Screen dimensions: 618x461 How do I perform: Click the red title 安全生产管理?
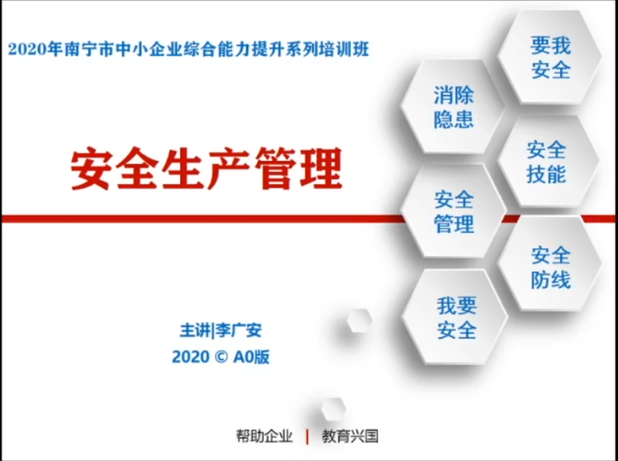click(x=206, y=169)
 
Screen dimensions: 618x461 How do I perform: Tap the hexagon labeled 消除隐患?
click(x=453, y=107)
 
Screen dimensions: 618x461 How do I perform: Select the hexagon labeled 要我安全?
click(x=550, y=57)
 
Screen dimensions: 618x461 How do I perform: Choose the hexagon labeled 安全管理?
click(x=453, y=211)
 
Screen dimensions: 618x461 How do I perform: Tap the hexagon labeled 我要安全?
click(x=455, y=317)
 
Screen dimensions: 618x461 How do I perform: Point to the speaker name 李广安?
click(x=239, y=331)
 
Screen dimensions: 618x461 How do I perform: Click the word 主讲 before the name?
click(x=195, y=331)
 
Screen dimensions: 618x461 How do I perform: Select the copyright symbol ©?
click(x=221, y=357)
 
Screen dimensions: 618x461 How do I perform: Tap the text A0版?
click(x=251, y=357)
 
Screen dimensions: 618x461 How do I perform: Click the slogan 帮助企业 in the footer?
click(x=264, y=436)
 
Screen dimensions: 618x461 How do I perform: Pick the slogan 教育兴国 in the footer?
click(x=350, y=436)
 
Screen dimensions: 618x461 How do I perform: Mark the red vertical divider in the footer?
click(x=307, y=437)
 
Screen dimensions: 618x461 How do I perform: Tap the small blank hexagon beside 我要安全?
click(x=360, y=320)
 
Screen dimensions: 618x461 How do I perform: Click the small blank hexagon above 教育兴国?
click(x=333, y=409)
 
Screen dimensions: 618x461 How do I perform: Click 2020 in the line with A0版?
click(x=191, y=357)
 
